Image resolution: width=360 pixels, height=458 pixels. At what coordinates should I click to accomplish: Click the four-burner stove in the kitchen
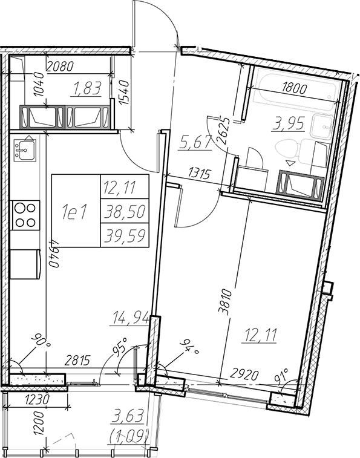(x=25, y=215)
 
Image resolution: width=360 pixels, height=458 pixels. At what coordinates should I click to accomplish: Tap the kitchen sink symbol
(x=25, y=150)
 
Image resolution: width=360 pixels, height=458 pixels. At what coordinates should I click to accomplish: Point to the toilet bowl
(x=287, y=151)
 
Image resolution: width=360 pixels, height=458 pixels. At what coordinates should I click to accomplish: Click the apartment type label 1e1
(x=74, y=212)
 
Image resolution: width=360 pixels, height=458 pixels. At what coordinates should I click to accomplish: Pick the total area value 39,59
(x=125, y=235)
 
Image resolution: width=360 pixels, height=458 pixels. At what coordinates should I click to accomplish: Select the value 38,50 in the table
(x=125, y=211)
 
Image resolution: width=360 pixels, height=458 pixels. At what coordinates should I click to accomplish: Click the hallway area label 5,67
(x=195, y=143)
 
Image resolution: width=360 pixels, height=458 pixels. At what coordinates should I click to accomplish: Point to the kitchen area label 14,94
(x=129, y=318)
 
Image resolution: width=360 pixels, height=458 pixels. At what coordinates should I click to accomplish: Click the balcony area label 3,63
(x=128, y=416)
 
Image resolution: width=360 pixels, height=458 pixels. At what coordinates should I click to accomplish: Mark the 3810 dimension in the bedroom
(x=226, y=302)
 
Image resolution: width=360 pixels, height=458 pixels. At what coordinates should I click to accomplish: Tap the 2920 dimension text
(x=244, y=374)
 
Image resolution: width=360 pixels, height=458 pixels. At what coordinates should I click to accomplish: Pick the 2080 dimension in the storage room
(x=59, y=67)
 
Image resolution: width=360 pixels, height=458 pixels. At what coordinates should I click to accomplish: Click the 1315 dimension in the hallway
(x=200, y=174)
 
